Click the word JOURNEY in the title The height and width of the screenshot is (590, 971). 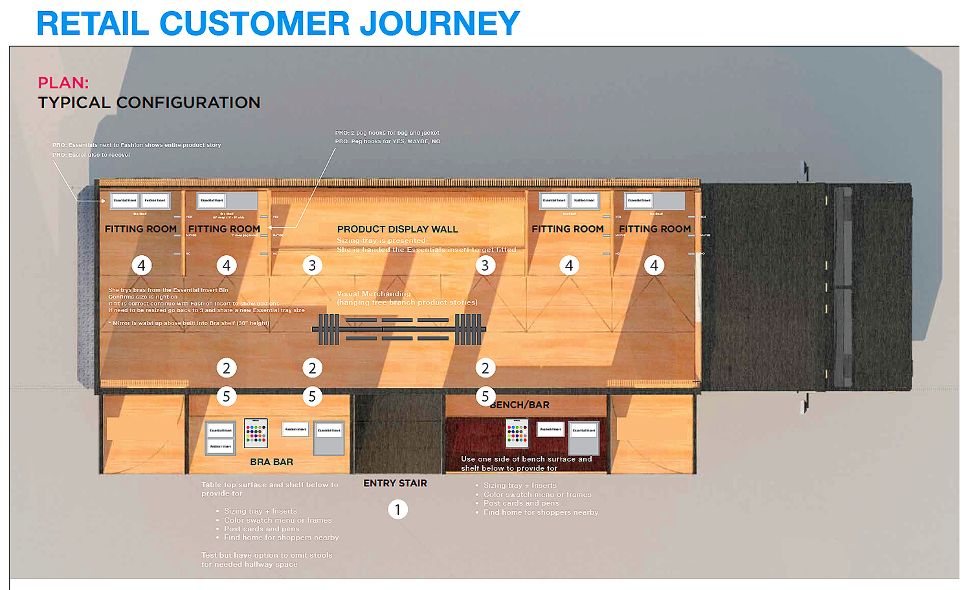click(x=440, y=23)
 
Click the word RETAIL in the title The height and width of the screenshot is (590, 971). click(x=93, y=23)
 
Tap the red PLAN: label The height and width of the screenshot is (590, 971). click(x=63, y=83)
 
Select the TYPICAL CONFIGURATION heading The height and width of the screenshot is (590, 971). click(x=149, y=102)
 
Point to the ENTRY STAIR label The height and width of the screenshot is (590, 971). click(x=395, y=483)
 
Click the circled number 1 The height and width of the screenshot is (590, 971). click(x=397, y=510)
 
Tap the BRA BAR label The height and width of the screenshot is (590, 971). click(x=271, y=462)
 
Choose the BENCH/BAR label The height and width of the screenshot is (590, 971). click(x=520, y=405)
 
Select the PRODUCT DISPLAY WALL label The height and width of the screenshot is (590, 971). click(x=397, y=229)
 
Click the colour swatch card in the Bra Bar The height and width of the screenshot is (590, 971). click(x=256, y=433)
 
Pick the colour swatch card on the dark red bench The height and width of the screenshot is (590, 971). click(x=517, y=433)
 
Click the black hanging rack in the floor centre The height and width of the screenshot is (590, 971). click(x=398, y=329)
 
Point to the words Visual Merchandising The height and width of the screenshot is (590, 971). click(x=374, y=293)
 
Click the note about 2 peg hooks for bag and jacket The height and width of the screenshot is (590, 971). click(x=387, y=133)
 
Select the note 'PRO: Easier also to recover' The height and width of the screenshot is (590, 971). click(x=91, y=155)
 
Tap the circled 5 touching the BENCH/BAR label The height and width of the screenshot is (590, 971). click(x=485, y=396)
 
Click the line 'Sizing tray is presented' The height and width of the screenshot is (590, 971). click(x=381, y=240)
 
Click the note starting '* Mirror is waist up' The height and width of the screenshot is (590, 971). click(x=188, y=323)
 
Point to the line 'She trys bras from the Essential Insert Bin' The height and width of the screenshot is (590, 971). click(x=168, y=290)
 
